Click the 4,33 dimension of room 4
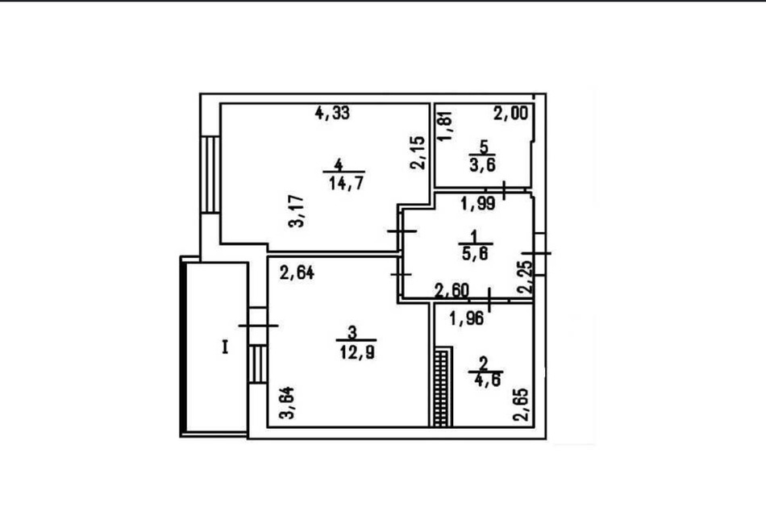333,113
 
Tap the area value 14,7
347,184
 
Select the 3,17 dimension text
297,211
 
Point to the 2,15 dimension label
418,153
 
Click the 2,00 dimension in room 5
511,114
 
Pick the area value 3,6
483,165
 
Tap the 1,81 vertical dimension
445,127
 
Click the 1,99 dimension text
478,204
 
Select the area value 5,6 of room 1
476,254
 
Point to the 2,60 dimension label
452,291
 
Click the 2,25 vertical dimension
525,277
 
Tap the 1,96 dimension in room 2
467,319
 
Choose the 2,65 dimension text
521,405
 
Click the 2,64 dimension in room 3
297,272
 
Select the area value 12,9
357,352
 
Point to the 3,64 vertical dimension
287,403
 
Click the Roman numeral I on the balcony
225,347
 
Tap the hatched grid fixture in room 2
441,389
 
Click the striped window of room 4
210,174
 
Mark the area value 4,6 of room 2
487,380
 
